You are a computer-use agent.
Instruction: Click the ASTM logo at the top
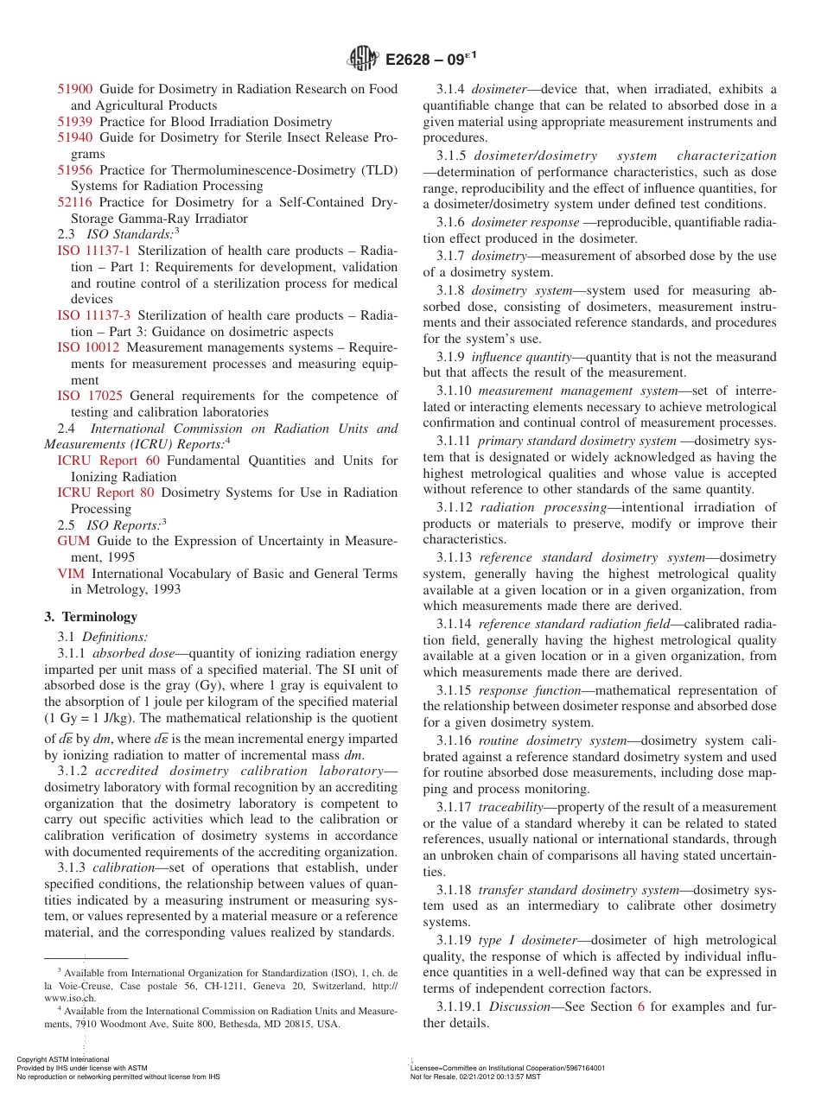tap(362, 59)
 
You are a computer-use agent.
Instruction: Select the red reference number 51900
tap(75, 89)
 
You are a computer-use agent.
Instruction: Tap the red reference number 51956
tap(75, 170)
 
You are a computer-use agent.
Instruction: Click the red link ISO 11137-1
tap(94, 251)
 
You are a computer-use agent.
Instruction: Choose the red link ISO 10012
tap(88, 347)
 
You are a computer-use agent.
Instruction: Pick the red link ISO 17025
tap(88, 396)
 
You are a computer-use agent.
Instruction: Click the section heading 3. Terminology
tap(91, 617)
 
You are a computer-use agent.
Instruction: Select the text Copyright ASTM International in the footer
tap(63, 1059)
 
